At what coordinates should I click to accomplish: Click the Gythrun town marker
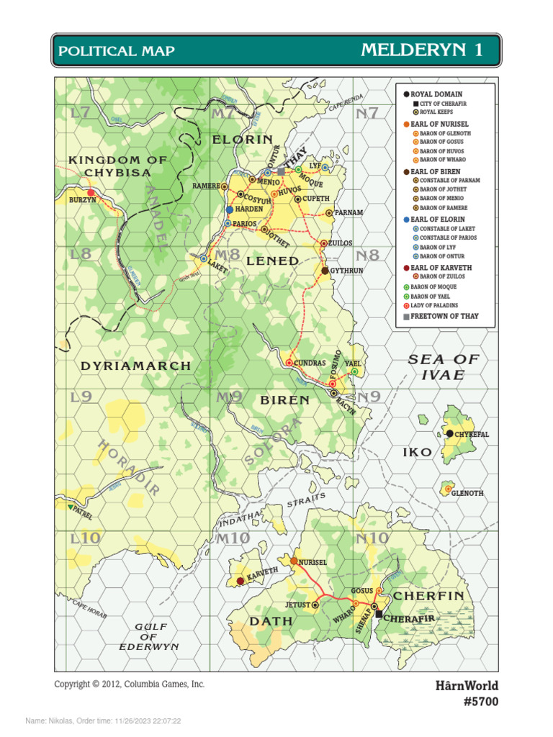325,271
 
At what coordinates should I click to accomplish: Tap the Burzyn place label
82,200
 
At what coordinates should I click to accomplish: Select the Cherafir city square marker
379,614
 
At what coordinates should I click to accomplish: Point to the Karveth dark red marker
240,581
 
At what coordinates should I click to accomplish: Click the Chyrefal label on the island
472,435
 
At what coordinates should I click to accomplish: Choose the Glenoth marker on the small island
447,489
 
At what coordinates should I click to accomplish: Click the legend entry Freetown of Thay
444,316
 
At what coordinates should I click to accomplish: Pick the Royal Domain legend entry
436,94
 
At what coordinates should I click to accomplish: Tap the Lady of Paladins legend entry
438,305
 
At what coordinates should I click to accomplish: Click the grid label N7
367,113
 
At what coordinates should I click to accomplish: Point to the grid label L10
85,538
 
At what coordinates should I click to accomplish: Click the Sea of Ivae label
444,367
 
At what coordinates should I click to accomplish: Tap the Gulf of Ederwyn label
149,637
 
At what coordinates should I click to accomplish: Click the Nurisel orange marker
294,560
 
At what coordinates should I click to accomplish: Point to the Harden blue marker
230,210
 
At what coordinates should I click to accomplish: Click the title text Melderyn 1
422,50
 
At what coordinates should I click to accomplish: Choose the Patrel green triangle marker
69,507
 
